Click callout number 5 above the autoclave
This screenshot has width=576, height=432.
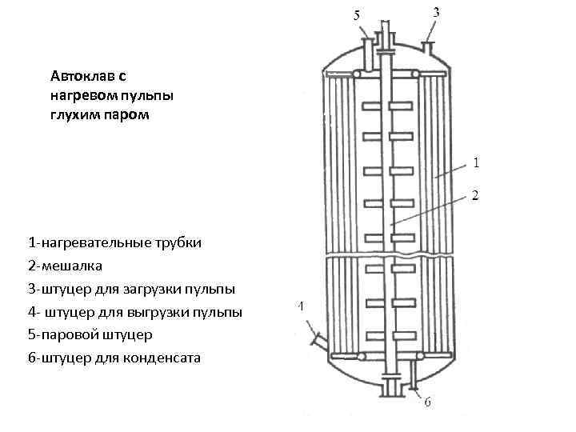(357, 15)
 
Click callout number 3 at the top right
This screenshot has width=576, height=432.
(436, 13)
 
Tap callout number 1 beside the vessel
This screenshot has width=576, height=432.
(476, 163)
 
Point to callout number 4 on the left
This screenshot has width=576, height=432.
(301, 306)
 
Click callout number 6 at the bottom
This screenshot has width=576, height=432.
(428, 402)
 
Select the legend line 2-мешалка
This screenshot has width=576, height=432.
(65, 265)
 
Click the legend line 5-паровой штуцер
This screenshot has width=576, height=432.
(90, 334)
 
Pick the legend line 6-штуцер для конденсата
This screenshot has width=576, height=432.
(114, 357)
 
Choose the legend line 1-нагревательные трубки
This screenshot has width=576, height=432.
(114, 242)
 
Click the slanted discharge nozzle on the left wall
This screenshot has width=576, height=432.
(316, 341)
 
